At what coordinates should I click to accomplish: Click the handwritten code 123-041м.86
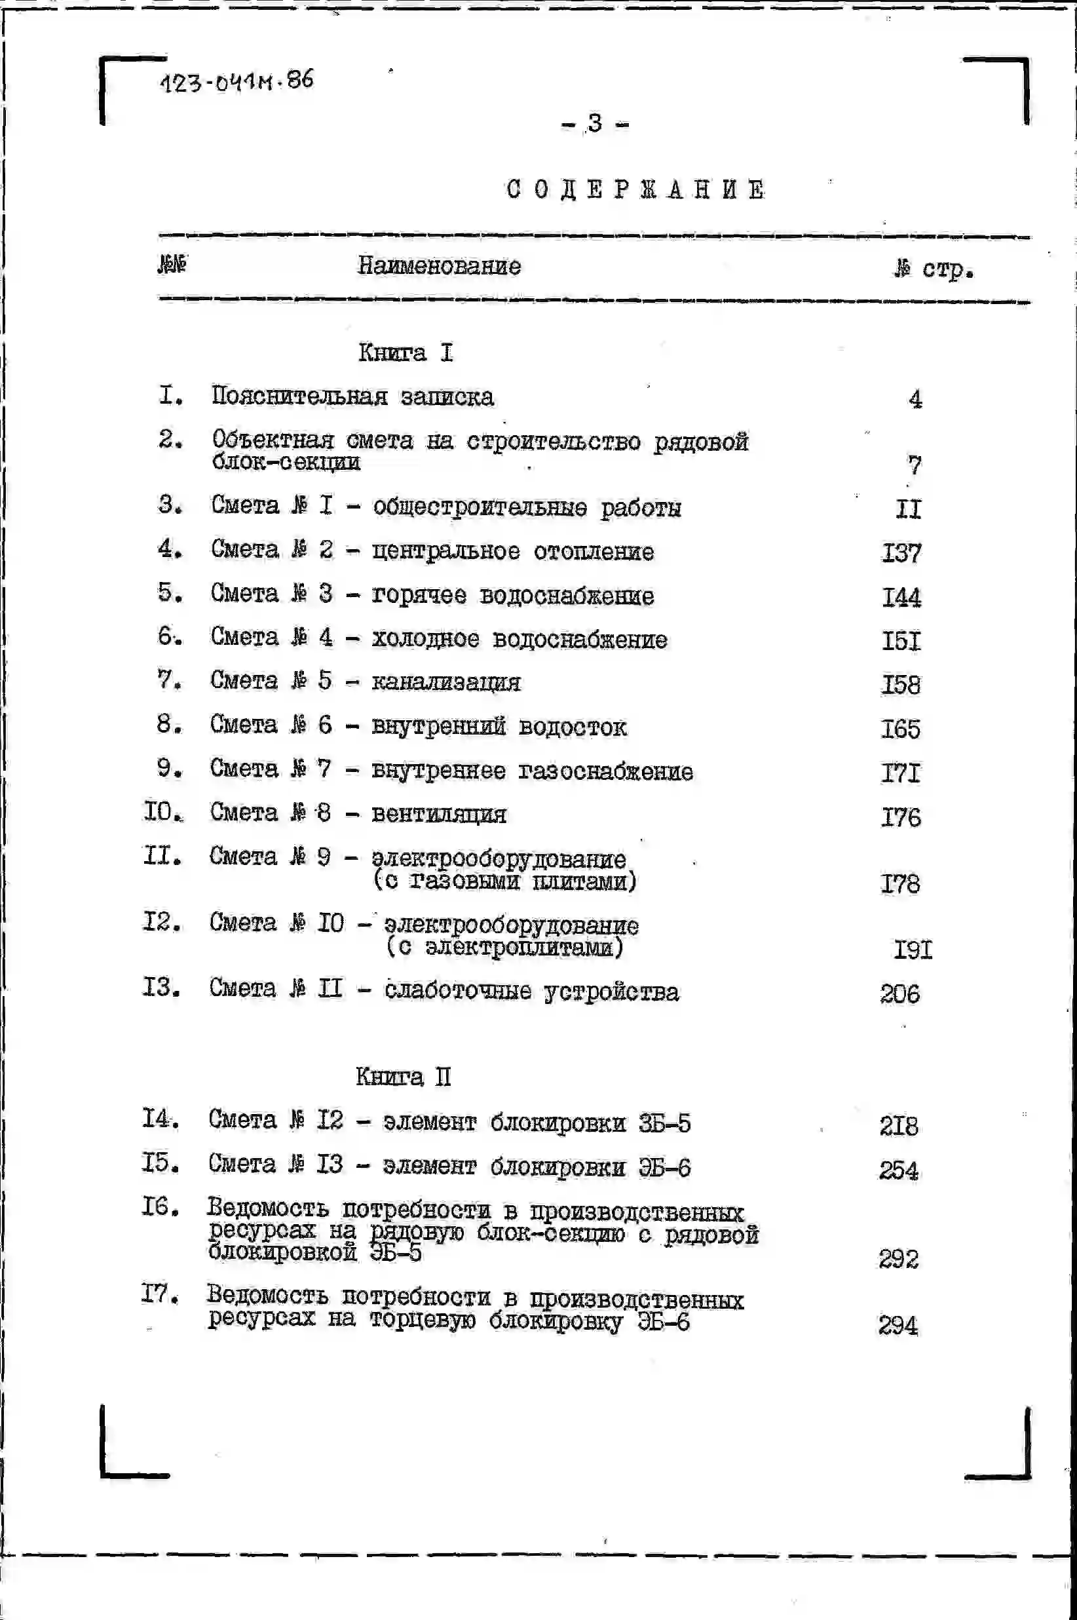pyautogui.click(x=237, y=82)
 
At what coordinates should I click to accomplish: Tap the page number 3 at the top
pyautogui.click(x=595, y=124)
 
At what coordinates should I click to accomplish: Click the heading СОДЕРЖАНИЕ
pyautogui.click(x=636, y=189)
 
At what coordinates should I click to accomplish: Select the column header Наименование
pyautogui.click(x=439, y=267)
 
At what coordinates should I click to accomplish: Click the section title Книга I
pyautogui.click(x=406, y=353)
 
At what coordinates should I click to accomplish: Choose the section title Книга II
pyautogui.click(x=403, y=1077)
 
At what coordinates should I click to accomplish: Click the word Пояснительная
pyautogui.click(x=299, y=396)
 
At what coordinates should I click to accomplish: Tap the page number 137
pyautogui.click(x=901, y=553)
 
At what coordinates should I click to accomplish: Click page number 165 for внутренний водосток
pyautogui.click(x=901, y=729)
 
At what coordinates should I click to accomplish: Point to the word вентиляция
pyautogui.click(x=439, y=815)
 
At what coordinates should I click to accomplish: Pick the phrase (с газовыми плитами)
pyautogui.click(x=505, y=881)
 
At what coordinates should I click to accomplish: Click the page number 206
pyautogui.click(x=899, y=994)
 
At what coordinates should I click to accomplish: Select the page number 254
pyautogui.click(x=898, y=1170)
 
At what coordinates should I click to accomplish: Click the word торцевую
pyautogui.click(x=423, y=1321)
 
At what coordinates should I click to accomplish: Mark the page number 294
pyautogui.click(x=897, y=1325)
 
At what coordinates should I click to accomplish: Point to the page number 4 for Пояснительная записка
pyautogui.click(x=915, y=399)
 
